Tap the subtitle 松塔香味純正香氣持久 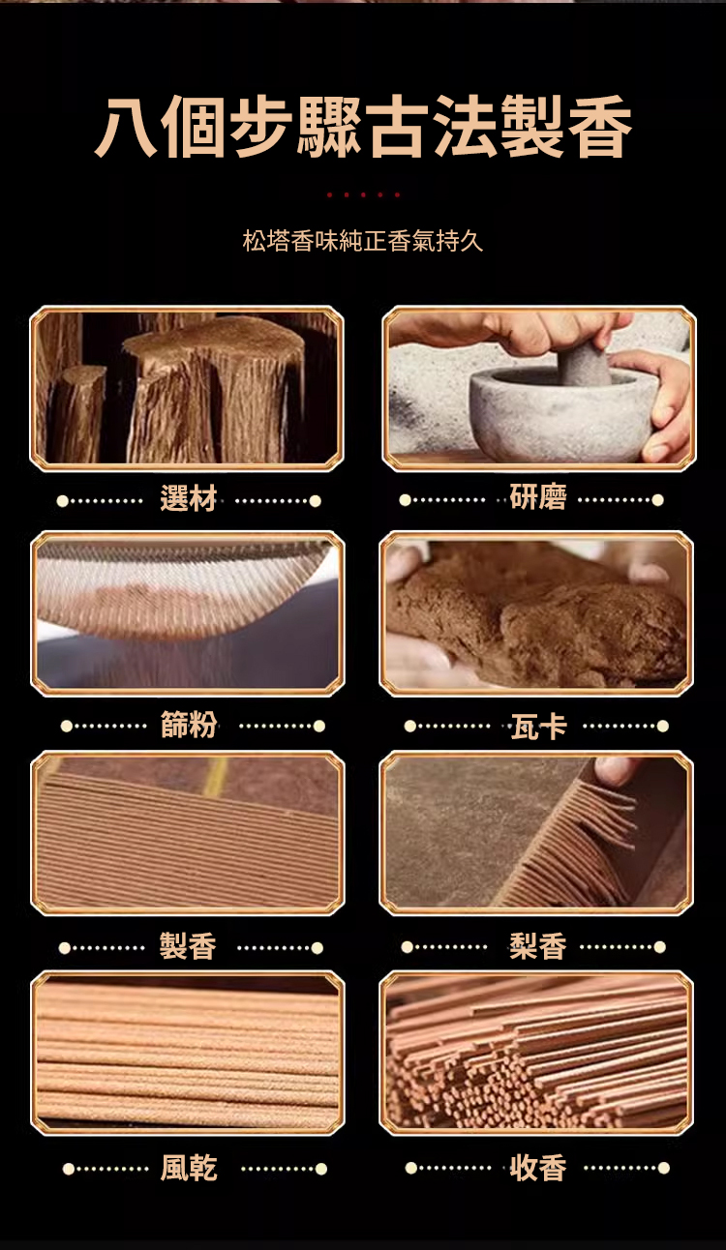363,241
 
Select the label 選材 188,497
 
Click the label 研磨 538,496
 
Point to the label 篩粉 189,725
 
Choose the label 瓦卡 539,726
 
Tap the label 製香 188,946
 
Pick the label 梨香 538,946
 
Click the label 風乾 189,1168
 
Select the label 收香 538,1168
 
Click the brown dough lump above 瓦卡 536,619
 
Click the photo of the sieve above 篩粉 188,613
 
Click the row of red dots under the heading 363,194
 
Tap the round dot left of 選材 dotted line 63,500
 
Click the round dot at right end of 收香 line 663,1168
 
